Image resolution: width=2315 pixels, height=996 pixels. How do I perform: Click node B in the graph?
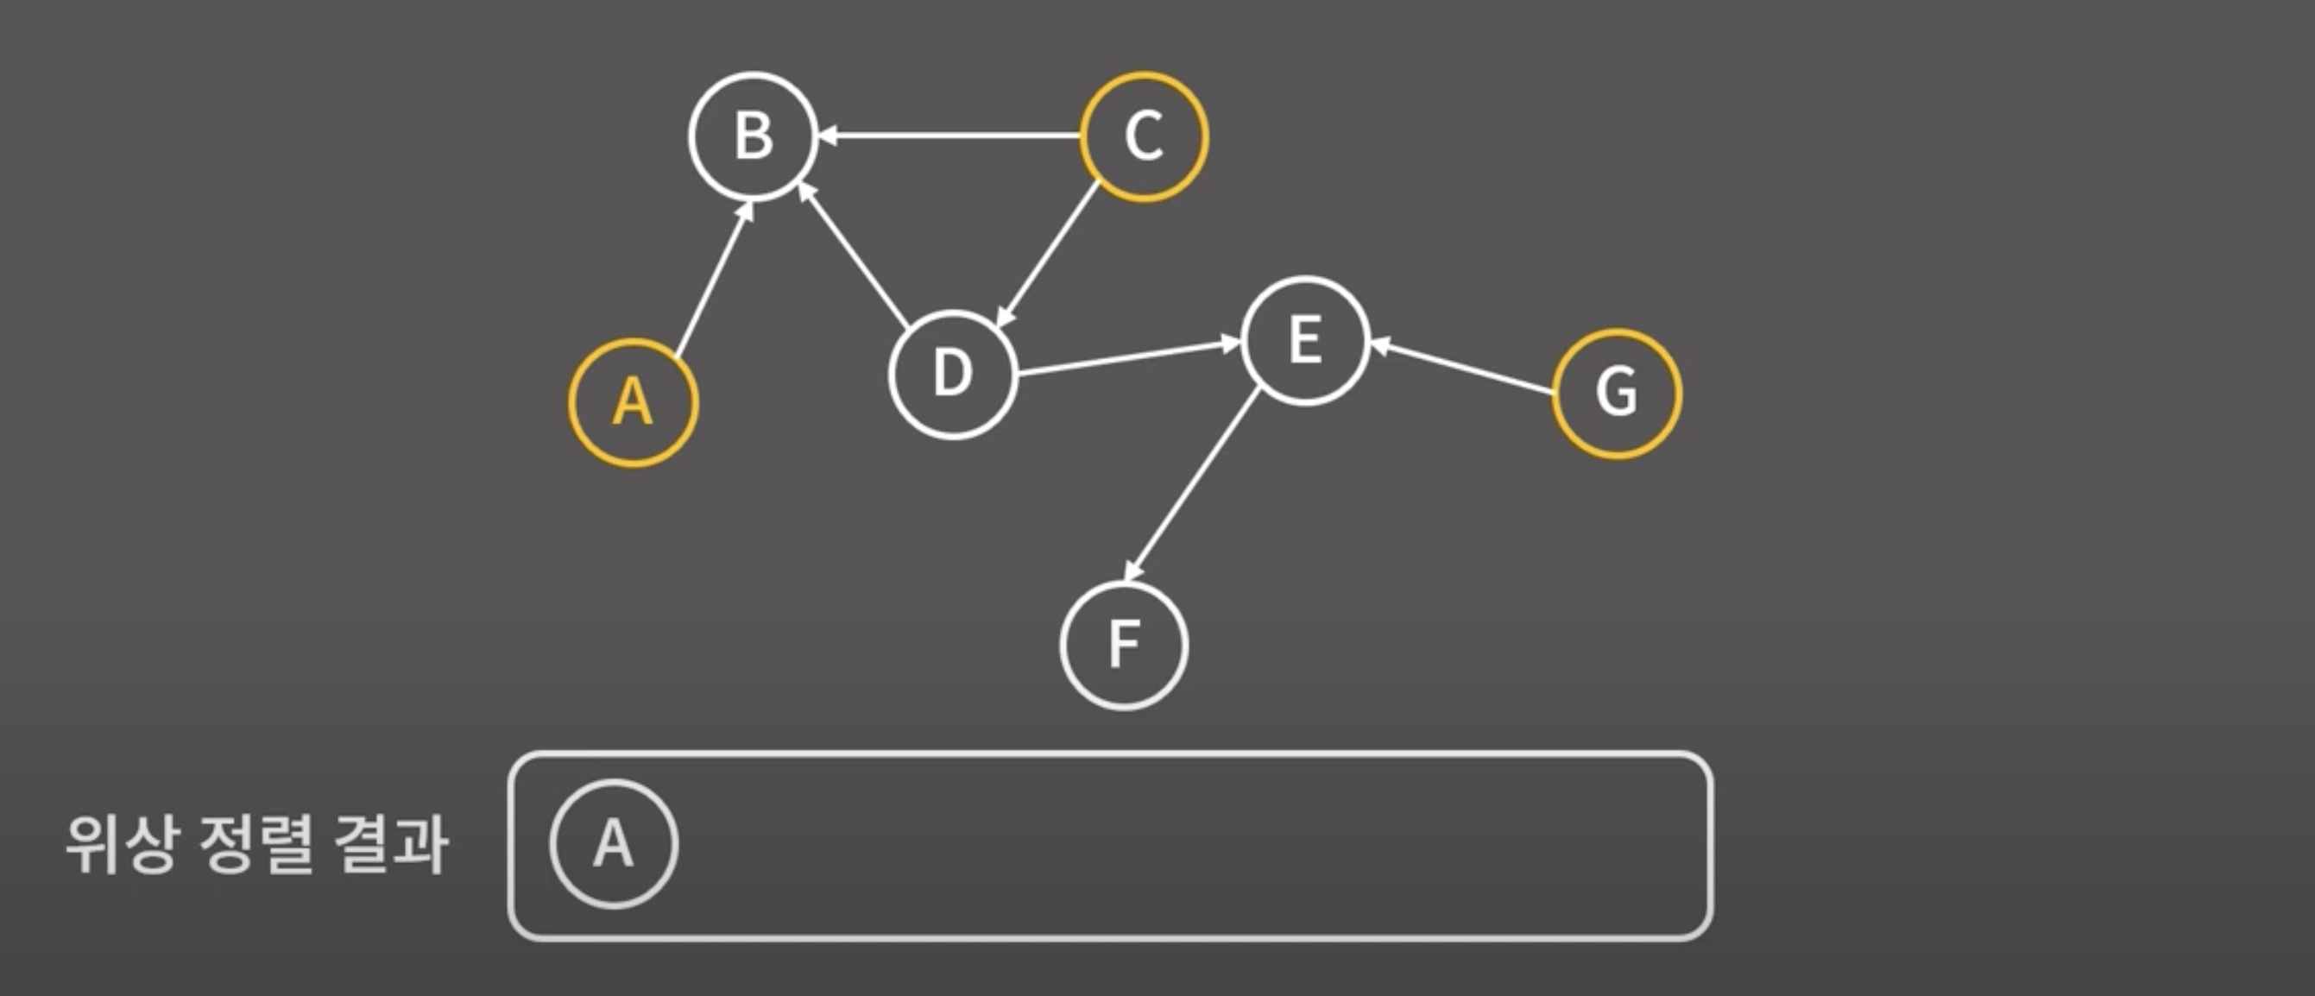pos(753,136)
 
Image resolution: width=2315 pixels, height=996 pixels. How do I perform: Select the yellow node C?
pos(1143,136)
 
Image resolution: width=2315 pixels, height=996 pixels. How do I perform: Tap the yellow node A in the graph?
pos(633,402)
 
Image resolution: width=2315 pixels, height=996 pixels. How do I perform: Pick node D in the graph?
pos(953,374)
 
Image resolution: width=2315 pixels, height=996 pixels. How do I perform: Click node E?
pos(1305,341)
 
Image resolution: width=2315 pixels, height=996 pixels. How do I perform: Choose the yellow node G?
pos(1616,394)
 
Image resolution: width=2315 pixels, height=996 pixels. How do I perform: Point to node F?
pos(1123,646)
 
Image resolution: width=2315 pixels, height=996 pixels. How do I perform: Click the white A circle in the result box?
pos(614,844)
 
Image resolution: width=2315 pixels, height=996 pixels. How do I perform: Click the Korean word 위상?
pos(118,845)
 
